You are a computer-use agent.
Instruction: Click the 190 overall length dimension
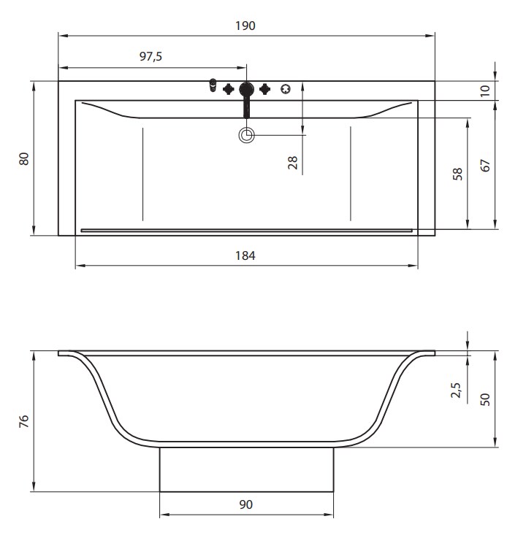[x=245, y=26]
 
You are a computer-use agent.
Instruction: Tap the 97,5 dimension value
[x=150, y=56]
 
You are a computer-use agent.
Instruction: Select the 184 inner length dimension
[x=245, y=256]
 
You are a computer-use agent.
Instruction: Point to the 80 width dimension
[x=24, y=159]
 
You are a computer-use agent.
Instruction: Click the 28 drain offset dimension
[x=293, y=163]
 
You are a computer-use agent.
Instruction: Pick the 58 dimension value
[x=457, y=174]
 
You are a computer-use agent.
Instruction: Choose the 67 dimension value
[x=485, y=166]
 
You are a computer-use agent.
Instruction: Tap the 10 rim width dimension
[x=485, y=91]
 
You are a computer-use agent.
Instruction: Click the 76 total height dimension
[x=24, y=421]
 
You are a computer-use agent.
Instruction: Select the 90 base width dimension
[x=245, y=504]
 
